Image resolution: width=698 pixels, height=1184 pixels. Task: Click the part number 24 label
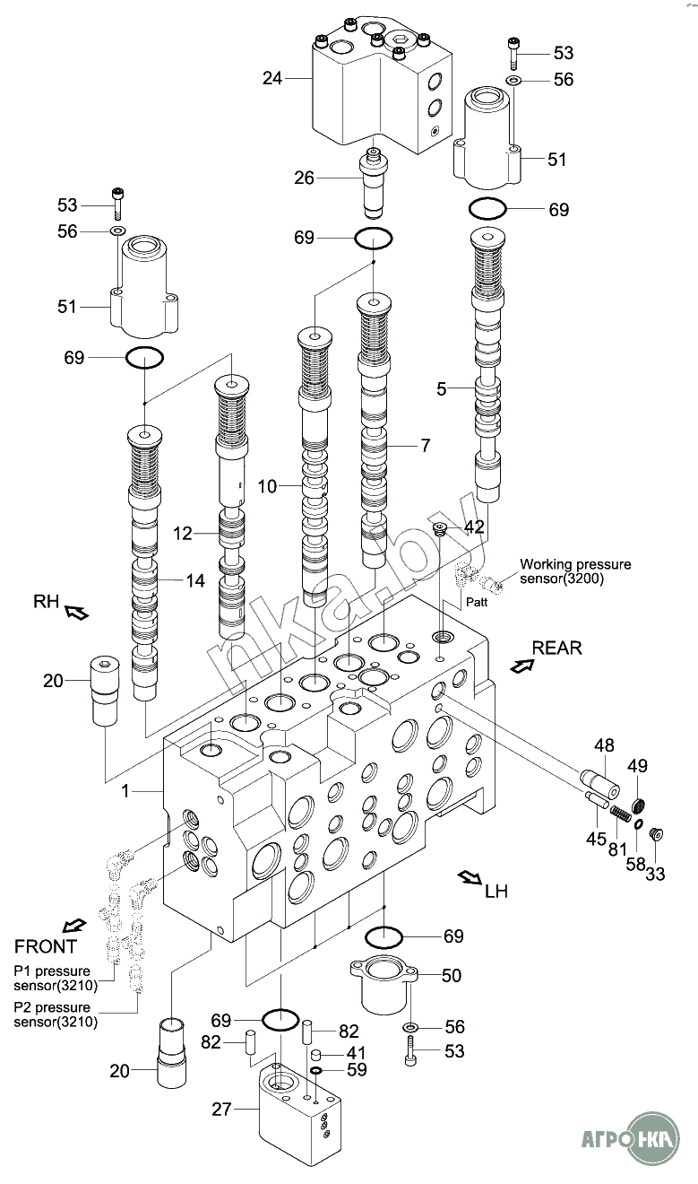click(x=272, y=78)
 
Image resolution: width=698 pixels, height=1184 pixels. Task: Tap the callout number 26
click(x=304, y=178)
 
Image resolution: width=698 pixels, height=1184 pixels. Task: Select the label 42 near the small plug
click(x=474, y=527)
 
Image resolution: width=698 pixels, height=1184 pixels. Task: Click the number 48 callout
click(x=604, y=745)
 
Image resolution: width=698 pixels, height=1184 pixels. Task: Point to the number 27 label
click(x=221, y=1109)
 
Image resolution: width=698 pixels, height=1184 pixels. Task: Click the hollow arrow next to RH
click(x=76, y=613)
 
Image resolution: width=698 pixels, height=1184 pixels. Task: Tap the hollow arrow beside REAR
click(x=522, y=666)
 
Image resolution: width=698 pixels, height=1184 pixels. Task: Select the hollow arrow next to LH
click(x=470, y=878)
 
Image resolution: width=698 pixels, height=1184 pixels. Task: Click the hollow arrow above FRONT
click(x=73, y=926)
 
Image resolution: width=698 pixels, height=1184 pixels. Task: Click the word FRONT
click(x=46, y=946)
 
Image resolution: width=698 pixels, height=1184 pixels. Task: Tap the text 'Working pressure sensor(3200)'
click(x=575, y=571)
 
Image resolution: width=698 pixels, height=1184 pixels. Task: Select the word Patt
click(x=477, y=602)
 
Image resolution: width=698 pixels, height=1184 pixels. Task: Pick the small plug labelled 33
click(x=656, y=834)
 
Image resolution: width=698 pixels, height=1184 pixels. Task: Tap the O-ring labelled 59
click(x=316, y=1070)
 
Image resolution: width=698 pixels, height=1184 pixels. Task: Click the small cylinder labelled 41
click(x=315, y=1055)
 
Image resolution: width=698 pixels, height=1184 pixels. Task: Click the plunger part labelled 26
click(x=374, y=182)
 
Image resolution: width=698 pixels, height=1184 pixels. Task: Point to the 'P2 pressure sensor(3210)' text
click(x=56, y=1014)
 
